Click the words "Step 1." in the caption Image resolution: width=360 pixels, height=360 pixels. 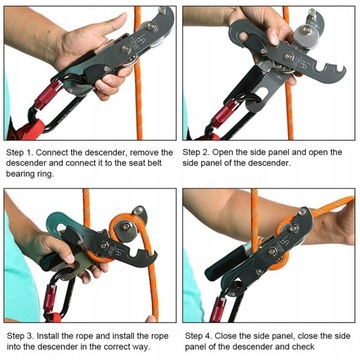pos(19,153)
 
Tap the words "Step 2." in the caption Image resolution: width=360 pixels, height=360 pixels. pos(196,152)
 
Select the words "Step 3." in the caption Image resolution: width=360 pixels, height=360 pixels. pos(20,336)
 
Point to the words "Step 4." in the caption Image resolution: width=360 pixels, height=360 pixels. pos(198,336)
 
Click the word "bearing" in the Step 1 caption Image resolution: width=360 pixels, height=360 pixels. pos(19,174)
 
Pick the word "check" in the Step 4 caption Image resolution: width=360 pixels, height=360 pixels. pos(303,347)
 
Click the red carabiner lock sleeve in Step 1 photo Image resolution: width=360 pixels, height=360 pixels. pos(47,96)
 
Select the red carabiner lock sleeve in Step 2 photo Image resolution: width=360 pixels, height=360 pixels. pos(223,113)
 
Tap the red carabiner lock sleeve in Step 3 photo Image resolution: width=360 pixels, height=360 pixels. pos(52,297)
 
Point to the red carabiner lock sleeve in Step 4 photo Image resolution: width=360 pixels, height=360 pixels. pos(218,309)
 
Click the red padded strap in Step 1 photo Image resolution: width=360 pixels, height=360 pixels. pos(33,129)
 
